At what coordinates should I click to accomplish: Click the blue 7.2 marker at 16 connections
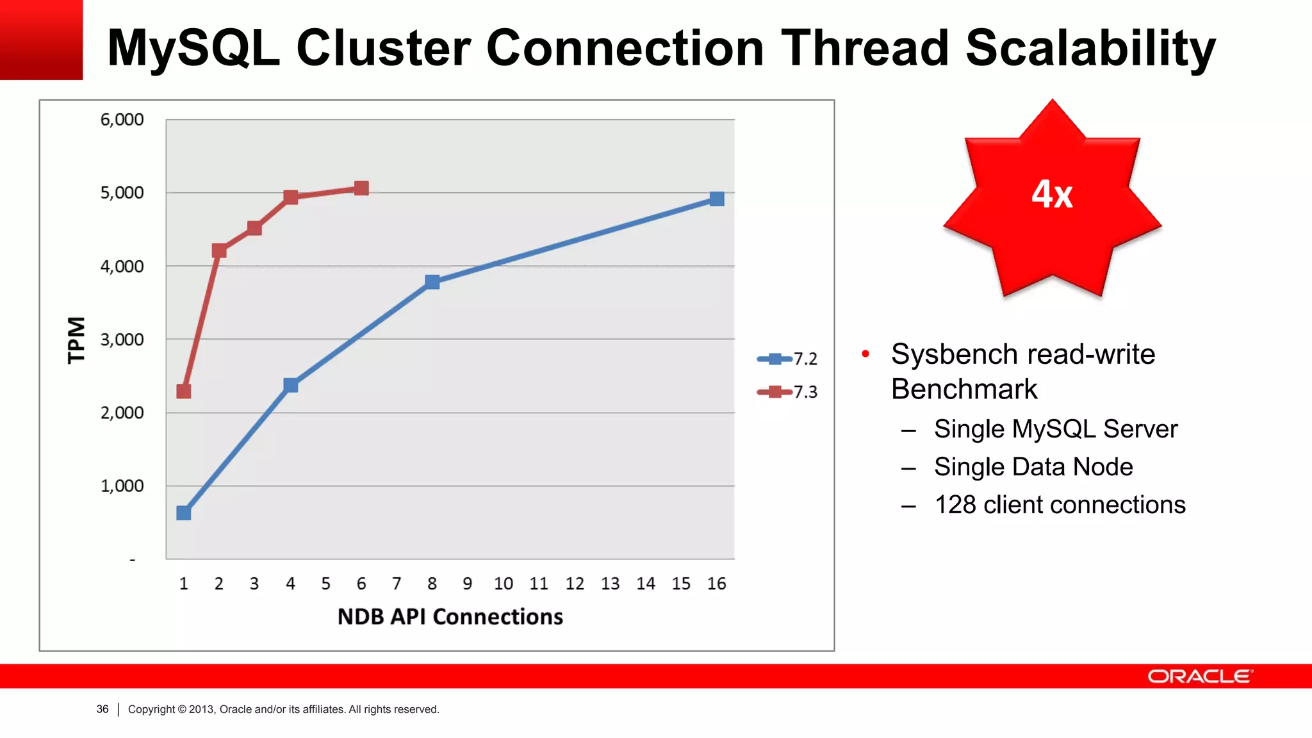point(717,199)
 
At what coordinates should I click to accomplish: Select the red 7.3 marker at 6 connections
point(361,188)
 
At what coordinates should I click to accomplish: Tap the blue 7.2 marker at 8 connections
point(432,282)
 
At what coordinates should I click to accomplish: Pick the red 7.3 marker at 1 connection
point(184,391)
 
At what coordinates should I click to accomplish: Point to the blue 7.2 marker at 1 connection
point(184,512)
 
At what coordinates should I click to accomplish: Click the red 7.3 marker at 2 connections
point(219,250)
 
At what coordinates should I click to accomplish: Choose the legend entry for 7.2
point(787,359)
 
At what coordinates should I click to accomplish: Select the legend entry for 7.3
point(787,391)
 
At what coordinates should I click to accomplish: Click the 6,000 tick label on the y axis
point(122,120)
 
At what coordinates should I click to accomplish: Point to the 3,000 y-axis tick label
point(122,340)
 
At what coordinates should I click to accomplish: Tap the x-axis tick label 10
point(503,584)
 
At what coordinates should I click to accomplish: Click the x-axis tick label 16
point(716,584)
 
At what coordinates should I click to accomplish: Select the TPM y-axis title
point(76,340)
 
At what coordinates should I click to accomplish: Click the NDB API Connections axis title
point(450,616)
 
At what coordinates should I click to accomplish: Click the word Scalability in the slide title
point(1090,48)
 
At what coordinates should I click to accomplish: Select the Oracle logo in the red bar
point(1200,676)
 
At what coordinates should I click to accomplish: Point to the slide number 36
point(102,709)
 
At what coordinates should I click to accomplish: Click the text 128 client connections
point(1060,505)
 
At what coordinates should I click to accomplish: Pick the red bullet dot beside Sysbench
point(865,354)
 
